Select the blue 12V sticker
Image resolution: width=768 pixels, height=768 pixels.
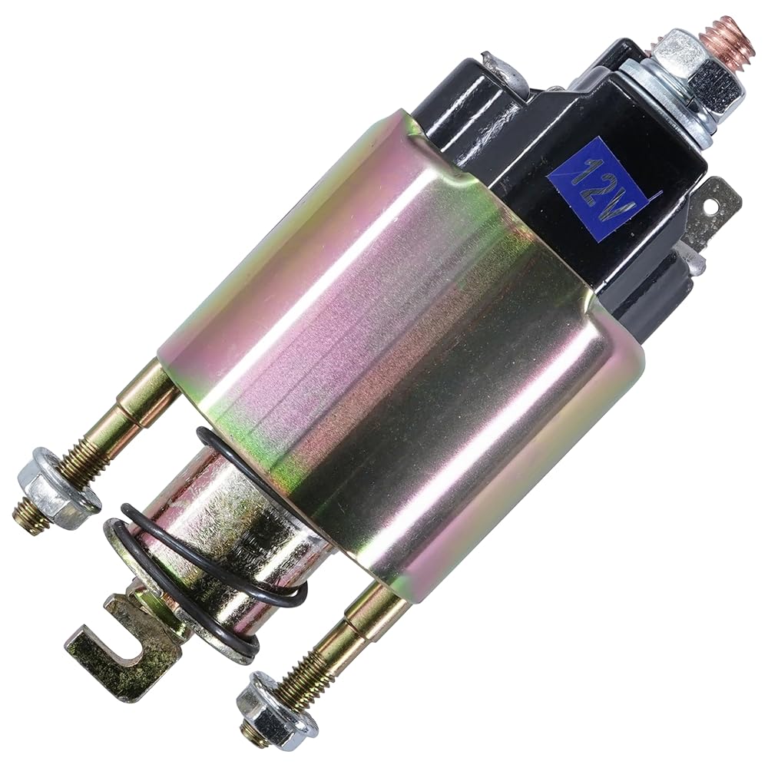click(602, 190)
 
